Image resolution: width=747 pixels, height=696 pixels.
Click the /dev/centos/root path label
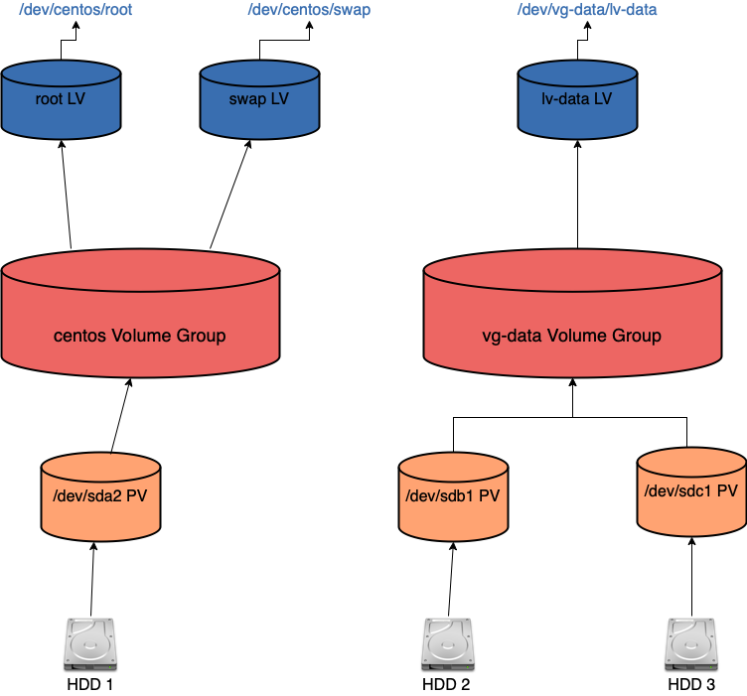(75, 10)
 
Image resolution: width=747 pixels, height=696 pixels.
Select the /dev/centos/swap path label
(309, 10)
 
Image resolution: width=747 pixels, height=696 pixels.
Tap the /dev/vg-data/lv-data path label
(587, 10)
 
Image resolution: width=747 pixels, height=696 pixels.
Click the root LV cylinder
(61, 99)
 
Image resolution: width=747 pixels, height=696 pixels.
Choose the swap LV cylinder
(259, 99)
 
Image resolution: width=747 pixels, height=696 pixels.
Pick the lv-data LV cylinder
(577, 99)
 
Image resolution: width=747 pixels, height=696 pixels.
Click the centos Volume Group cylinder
(140, 313)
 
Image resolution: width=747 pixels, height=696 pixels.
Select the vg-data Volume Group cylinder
(572, 313)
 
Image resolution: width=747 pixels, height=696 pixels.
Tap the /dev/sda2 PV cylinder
(100, 496)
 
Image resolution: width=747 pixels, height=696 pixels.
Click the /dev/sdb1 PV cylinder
(454, 496)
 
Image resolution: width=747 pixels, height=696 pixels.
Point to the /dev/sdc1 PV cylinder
(691, 491)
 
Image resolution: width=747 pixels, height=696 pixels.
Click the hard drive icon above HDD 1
(90, 644)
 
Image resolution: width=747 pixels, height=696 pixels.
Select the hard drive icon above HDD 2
(447, 644)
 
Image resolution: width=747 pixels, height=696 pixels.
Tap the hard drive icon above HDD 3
(691, 644)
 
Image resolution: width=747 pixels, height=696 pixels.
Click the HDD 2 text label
(446, 684)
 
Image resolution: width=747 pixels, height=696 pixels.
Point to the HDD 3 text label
(691, 684)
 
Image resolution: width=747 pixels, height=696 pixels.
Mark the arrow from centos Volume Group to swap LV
(230, 195)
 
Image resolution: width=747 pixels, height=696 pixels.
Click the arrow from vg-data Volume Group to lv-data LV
(577, 195)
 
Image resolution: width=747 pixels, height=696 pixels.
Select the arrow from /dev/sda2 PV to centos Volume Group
(121, 416)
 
